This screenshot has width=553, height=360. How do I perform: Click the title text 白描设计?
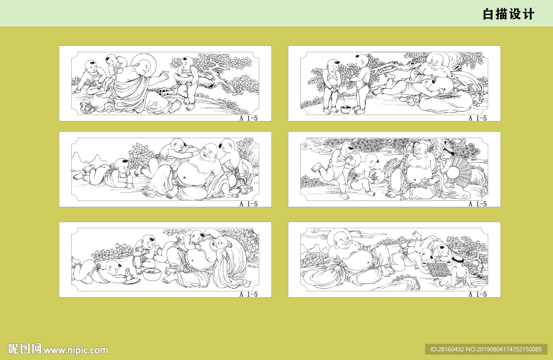point(509,15)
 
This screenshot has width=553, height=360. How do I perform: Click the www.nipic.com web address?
point(76,350)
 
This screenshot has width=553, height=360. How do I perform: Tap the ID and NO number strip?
point(486,349)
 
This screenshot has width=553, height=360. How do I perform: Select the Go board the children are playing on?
point(438,269)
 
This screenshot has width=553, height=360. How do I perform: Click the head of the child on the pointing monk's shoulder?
point(113,60)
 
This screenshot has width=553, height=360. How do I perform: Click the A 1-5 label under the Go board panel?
point(477,294)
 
